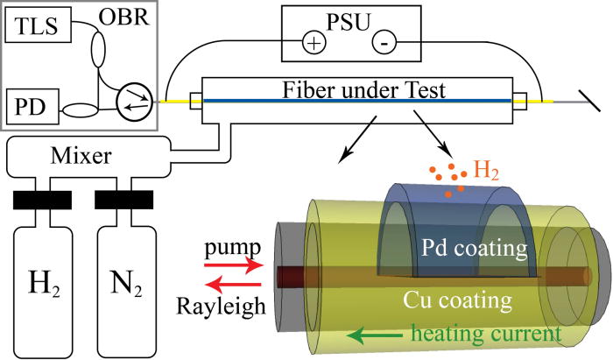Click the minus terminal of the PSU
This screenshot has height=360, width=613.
[x=382, y=41]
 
